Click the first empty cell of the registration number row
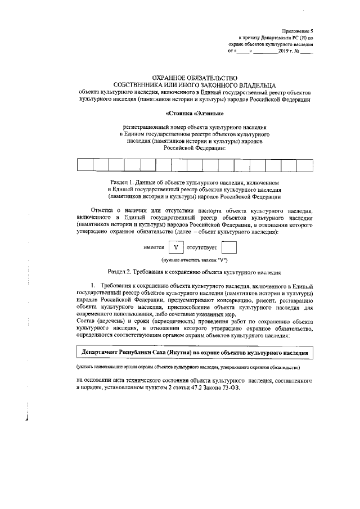tap(85, 165)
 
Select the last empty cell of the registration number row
tap(305, 165)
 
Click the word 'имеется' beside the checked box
tap(154, 247)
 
